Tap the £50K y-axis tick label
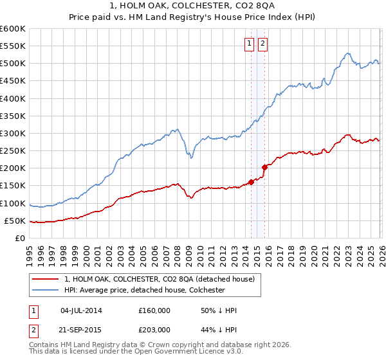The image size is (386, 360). pyautogui.click(x=15, y=221)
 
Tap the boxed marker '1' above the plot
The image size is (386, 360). pyautogui.click(x=249, y=44)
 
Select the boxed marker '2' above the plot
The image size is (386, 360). pyautogui.click(x=263, y=44)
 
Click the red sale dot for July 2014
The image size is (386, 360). pyautogui.click(x=251, y=182)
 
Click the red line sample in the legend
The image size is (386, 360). pyautogui.click(x=46, y=279)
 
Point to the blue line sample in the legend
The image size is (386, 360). pyautogui.click(x=46, y=290)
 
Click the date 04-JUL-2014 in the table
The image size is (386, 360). pyautogui.click(x=81, y=310)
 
